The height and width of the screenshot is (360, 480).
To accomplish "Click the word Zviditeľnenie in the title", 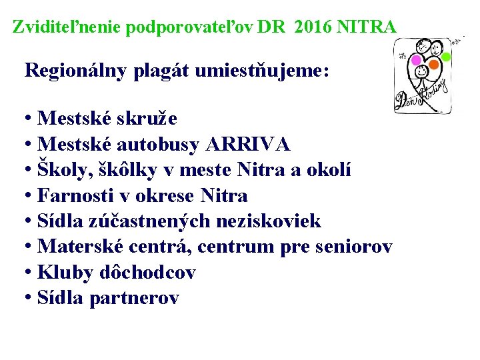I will click(x=67, y=27).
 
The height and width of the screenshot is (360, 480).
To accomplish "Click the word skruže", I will click(x=147, y=119).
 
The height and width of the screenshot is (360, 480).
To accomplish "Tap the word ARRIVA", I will click(x=249, y=144).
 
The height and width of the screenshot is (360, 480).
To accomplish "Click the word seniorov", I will click(x=353, y=247).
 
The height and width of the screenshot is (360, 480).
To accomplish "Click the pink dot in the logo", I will click(x=416, y=60).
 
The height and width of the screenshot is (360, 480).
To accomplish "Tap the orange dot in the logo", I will click(x=433, y=65).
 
